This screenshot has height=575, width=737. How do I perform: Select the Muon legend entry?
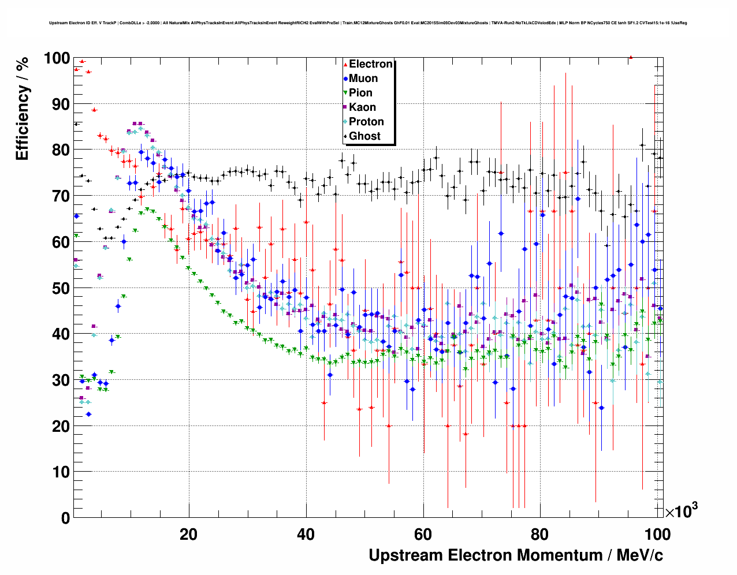click(x=363, y=79)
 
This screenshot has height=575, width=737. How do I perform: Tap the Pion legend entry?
click(x=360, y=93)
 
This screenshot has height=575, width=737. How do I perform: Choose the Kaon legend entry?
click(x=362, y=107)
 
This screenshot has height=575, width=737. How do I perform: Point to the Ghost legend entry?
click(x=364, y=136)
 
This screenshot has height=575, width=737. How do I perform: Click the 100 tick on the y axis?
click(x=56, y=58)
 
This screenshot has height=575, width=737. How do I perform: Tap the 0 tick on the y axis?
click(x=65, y=518)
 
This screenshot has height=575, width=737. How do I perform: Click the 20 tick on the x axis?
click(x=188, y=535)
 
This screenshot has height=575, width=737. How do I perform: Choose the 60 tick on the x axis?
click(x=423, y=535)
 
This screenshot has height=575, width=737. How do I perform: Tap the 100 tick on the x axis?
click(x=657, y=535)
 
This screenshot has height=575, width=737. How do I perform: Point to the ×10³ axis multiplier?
click(x=681, y=511)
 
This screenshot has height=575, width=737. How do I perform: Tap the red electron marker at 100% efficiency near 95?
click(x=631, y=57)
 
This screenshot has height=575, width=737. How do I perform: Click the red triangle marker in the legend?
click(x=345, y=65)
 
